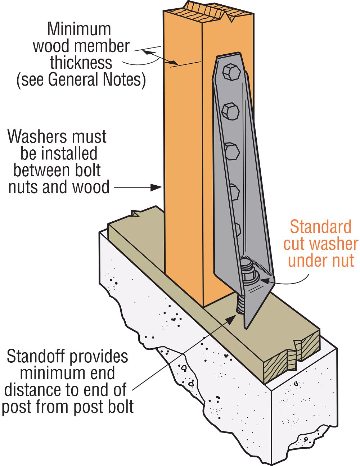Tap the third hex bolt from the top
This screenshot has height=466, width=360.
pos(232,151)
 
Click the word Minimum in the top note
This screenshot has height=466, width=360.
pos(79,29)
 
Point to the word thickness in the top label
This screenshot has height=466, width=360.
pos(81,63)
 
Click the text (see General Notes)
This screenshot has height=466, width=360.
pos(81,80)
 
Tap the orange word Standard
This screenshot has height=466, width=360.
pos(321,227)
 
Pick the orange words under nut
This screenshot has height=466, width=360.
pos(321,261)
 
